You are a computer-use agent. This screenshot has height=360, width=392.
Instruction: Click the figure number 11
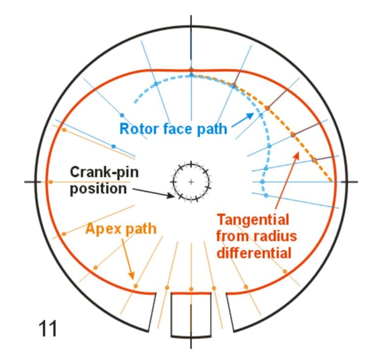click(x=48, y=328)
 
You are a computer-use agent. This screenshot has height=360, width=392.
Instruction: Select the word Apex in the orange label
click(x=102, y=228)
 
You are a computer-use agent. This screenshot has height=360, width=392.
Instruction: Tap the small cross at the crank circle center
click(x=191, y=182)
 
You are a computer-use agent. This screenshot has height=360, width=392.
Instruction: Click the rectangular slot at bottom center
click(x=191, y=313)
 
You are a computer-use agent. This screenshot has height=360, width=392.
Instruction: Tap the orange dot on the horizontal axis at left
click(x=50, y=182)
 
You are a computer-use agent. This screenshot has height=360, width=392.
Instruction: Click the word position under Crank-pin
click(x=98, y=189)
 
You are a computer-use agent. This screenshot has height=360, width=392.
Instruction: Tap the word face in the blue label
click(x=176, y=129)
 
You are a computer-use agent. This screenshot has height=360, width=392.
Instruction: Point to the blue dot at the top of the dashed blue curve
click(x=191, y=75)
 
